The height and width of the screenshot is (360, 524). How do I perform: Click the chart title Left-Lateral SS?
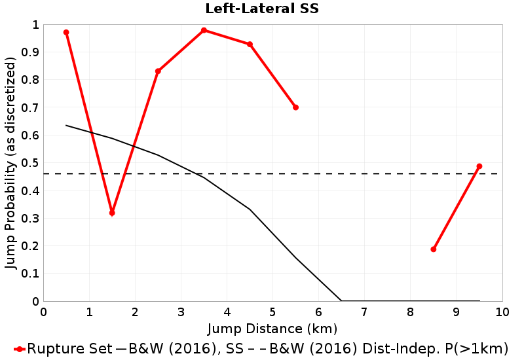(262, 9)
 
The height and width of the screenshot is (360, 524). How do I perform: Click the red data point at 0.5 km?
(66, 32)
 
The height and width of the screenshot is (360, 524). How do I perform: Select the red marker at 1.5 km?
(112, 213)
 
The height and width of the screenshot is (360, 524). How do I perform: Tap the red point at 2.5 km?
(158, 71)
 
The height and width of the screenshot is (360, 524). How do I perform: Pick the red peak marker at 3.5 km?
(204, 30)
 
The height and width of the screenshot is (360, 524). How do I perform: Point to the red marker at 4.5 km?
(250, 45)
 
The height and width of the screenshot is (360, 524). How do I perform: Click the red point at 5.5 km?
(295, 107)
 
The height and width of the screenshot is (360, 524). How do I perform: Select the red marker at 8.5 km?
(434, 249)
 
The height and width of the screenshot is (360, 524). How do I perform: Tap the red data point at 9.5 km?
(479, 166)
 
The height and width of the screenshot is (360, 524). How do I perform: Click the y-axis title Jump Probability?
(10, 163)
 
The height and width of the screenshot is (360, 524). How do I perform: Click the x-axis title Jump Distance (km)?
(272, 327)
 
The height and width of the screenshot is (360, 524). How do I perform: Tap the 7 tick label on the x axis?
(365, 312)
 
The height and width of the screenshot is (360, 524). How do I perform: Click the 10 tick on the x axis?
(502, 312)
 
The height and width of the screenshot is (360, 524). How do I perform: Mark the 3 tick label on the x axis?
(181, 312)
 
